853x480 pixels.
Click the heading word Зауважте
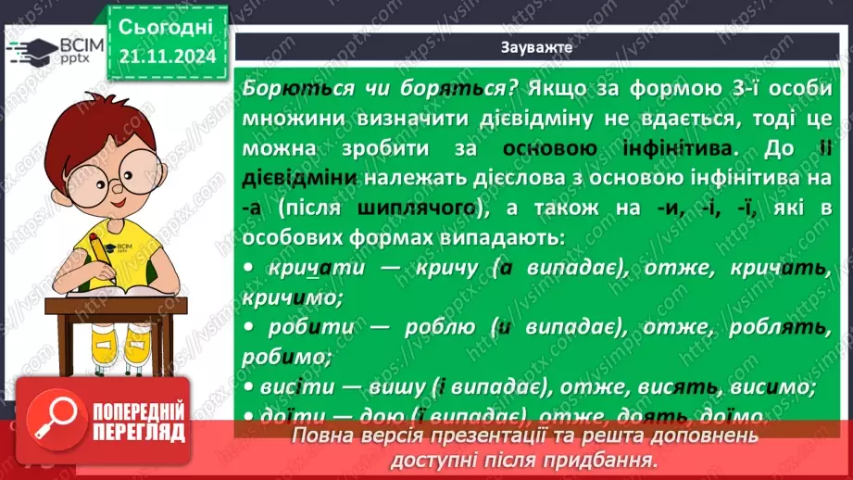536,46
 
